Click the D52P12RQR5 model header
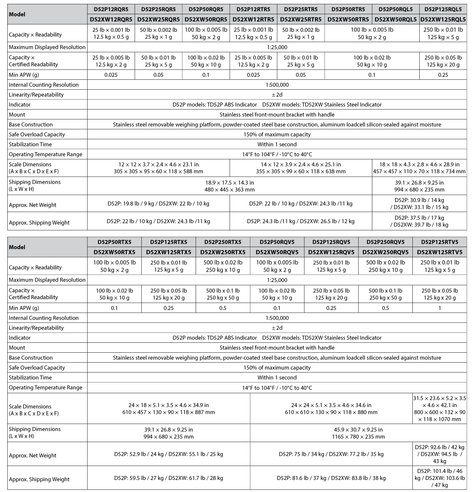tap(111, 9)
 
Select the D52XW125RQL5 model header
tap(443, 19)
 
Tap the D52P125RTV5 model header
tap(440, 242)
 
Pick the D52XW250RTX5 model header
tap(223, 252)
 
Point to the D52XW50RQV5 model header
tap(277, 252)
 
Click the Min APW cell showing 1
tap(440, 308)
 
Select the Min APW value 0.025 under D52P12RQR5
tap(111, 75)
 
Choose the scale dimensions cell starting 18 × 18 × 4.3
tap(419, 168)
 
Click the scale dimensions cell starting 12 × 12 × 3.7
tap(159, 168)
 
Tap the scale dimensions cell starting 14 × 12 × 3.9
tap(301, 168)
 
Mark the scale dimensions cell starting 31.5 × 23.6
tap(440, 408)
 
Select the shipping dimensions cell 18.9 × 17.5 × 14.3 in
tap(229, 186)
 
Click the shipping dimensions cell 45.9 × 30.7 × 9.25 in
tap(359, 433)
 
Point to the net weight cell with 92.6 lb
tap(440, 454)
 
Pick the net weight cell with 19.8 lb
tap(159, 204)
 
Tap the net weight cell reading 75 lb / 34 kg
tap(331, 454)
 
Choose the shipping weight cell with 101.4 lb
tap(440, 478)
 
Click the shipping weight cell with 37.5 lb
tap(419, 221)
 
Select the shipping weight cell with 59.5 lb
tap(168, 478)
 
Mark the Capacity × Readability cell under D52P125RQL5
tap(443, 33)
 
